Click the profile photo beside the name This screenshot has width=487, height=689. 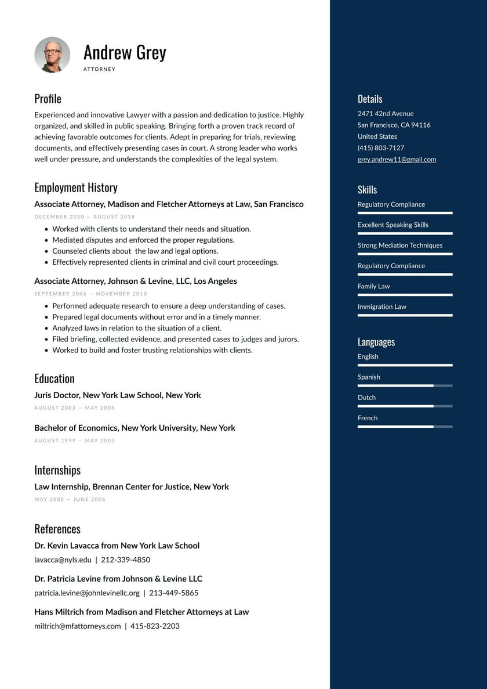[52, 55]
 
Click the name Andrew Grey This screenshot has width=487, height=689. [125, 52]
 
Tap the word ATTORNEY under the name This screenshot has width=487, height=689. [99, 69]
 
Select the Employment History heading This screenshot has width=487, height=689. [76, 187]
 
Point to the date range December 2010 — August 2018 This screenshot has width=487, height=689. [85, 217]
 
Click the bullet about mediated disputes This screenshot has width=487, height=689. [143, 240]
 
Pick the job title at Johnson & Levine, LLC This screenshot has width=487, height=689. [136, 281]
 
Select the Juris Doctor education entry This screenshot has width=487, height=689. [118, 395]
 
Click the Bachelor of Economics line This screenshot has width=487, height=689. [135, 428]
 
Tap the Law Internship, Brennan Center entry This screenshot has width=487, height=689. [132, 486]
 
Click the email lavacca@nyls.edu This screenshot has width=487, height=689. [63, 560]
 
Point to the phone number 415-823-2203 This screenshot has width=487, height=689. [155, 626]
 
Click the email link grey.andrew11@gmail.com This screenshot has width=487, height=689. [397, 160]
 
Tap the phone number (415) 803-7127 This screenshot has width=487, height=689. [381, 148]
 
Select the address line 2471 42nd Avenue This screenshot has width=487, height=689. [386, 114]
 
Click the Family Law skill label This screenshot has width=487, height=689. [374, 286]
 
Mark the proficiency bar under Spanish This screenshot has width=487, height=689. [405, 385]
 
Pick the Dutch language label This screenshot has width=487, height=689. [366, 398]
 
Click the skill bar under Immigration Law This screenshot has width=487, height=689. [405, 315]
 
